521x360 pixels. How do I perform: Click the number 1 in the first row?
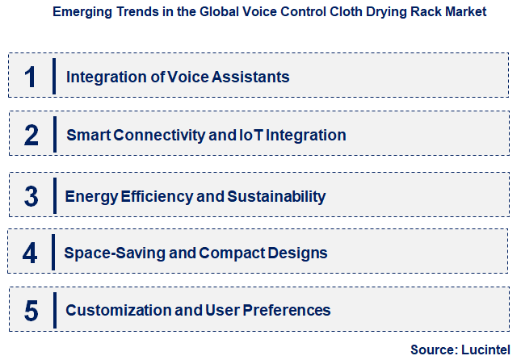pos(31,77)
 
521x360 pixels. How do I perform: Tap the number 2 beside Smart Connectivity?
pos(32,135)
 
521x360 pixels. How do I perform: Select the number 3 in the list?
pos(32,196)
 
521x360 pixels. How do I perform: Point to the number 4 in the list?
pos(30,253)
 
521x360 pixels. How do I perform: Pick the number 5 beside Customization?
pos(32,310)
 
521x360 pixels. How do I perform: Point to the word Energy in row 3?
pos(89,196)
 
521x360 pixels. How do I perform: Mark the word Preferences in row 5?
pos(288,310)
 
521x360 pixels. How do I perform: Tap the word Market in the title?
pos(466,13)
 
